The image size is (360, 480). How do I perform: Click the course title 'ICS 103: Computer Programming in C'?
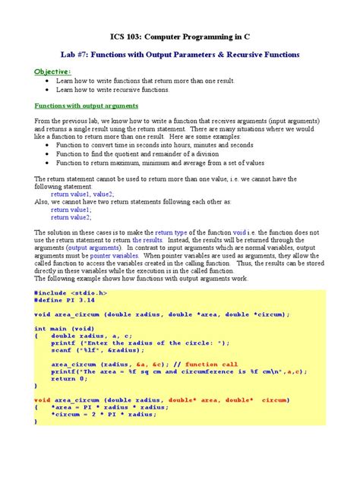180,35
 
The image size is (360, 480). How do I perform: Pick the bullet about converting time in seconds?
144,144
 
